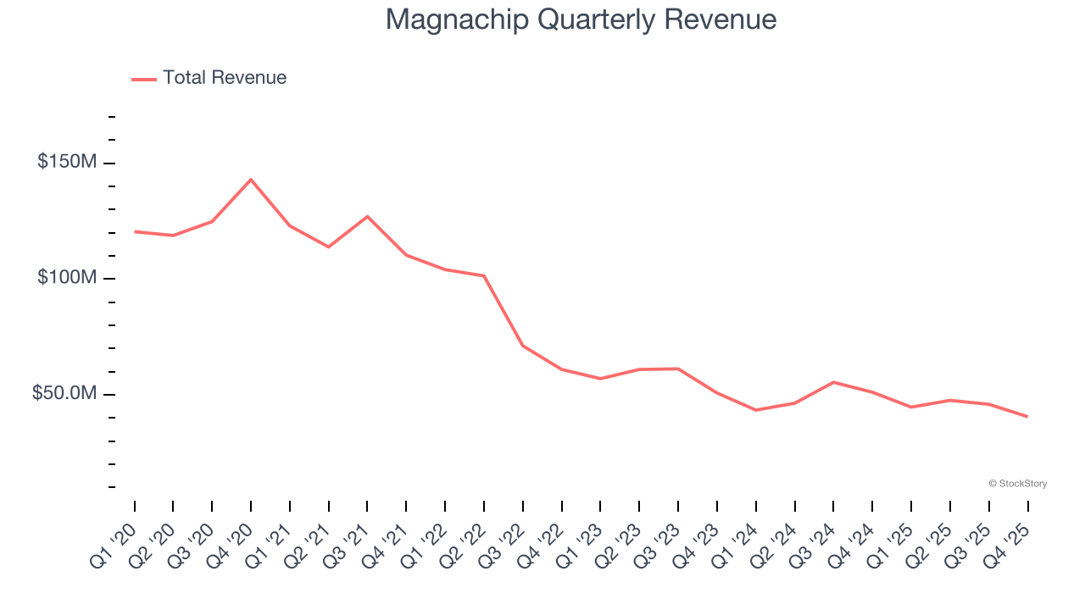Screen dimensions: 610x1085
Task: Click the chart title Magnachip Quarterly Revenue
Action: click(x=581, y=19)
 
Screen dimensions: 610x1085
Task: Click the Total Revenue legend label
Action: click(x=225, y=78)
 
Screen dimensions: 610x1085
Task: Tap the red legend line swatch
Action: click(x=144, y=79)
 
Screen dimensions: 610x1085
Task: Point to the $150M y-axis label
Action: click(x=67, y=162)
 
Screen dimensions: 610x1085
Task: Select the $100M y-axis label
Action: click(x=67, y=278)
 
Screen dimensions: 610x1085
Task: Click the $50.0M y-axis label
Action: click(x=64, y=394)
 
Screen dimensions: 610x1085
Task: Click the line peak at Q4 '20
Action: click(x=251, y=180)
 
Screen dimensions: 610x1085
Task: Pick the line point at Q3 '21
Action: click(x=367, y=216)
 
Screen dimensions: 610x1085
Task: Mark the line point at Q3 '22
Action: click(x=522, y=346)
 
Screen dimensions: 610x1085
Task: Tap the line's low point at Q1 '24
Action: click(x=755, y=410)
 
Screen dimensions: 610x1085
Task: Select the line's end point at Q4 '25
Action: click(x=1027, y=416)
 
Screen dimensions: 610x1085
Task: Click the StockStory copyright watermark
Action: click(x=1017, y=484)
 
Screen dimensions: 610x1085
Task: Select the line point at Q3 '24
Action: click(x=833, y=382)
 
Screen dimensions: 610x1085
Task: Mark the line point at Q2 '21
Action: click(x=328, y=247)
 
